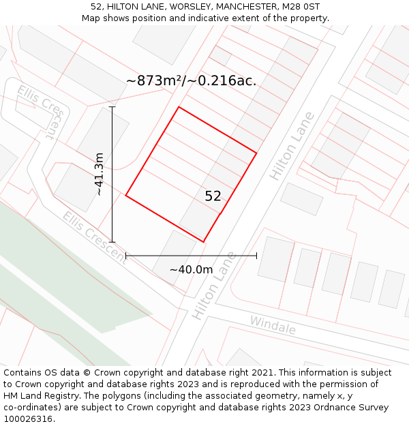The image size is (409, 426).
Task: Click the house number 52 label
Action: [213, 196]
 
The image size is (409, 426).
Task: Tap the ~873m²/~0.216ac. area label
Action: [192, 80]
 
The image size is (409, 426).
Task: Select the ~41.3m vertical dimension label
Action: [100, 174]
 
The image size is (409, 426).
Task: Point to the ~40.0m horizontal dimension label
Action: [191, 269]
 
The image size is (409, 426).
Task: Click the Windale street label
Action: [273, 325]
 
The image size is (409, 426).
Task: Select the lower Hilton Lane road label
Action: [213, 286]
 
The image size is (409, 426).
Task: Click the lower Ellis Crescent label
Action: [94, 237]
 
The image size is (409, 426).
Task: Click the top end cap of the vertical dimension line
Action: [112, 107]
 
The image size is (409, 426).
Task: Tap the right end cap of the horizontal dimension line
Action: [256, 256]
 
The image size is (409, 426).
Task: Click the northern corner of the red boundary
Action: [179, 107]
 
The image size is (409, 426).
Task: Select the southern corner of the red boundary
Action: [204, 241]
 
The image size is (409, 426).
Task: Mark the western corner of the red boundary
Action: [126, 196]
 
